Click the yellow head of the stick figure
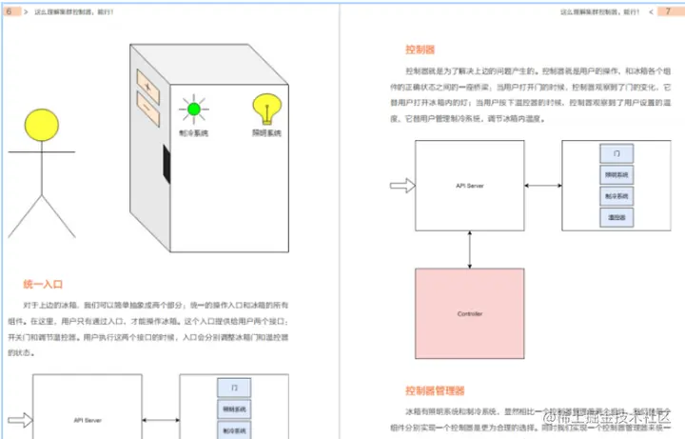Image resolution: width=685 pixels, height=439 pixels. (43, 123)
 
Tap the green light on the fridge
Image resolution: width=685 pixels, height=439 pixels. (194, 110)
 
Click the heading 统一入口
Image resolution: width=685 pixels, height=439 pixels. (43, 284)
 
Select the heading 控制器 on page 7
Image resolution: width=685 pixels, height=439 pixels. (420, 50)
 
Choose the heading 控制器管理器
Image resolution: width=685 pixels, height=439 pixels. (435, 390)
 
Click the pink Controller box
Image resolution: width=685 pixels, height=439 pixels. (470, 313)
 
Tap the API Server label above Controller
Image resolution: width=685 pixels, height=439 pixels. (470, 186)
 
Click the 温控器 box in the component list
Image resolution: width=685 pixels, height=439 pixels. (616, 217)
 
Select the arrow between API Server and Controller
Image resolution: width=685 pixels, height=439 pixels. (470, 249)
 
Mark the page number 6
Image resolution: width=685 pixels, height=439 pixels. (9, 10)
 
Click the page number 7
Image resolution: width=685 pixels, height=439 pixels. (668, 10)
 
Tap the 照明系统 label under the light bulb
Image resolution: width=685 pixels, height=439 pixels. (267, 133)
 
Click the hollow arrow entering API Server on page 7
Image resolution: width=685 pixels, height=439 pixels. (401, 186)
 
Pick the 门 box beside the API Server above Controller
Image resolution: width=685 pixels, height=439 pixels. (616, 154)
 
